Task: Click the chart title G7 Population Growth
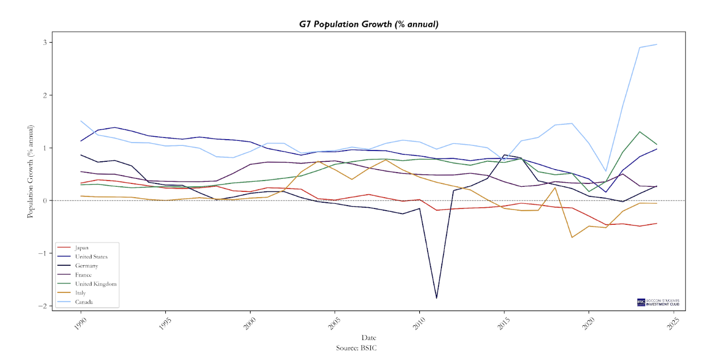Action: (x=369, y=24)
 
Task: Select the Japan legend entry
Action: (x=82, y=248)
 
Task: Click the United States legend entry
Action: (x=91, y=257)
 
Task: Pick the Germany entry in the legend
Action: (x=86, y=266)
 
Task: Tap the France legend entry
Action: (x=84, y=275)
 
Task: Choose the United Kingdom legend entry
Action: (x=95, y=284)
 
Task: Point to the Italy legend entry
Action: (x=81, y=293)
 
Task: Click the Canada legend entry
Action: (x=84, y=302)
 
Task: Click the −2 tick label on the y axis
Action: (x=44, y=306)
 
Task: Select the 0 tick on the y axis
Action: (x=47, y=200)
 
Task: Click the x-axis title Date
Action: (x=369, y=338)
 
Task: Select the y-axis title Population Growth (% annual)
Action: (x=31, y=171)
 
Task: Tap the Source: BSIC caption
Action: (x=356, y=348)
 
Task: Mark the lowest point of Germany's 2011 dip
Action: (x=436, y=298)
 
